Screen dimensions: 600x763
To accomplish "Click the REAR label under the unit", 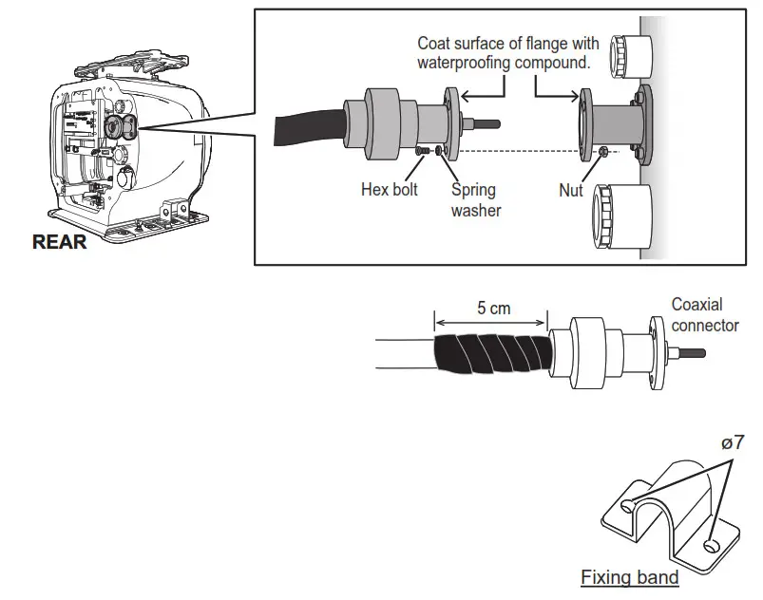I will click(59, 242).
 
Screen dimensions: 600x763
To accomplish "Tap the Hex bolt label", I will click(389, 190).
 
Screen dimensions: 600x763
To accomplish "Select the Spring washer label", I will click(474, 199).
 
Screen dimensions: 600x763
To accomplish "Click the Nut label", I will click(571, 190).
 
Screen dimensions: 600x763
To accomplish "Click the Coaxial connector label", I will click(704, 315).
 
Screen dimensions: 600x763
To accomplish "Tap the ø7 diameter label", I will click(733, 441).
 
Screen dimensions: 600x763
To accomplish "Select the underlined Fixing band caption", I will click(629, 577).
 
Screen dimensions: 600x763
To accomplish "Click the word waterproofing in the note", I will click(464, 63).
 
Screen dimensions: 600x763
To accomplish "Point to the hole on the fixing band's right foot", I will click(713, 546).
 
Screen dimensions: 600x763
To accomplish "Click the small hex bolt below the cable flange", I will click(421, 151).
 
